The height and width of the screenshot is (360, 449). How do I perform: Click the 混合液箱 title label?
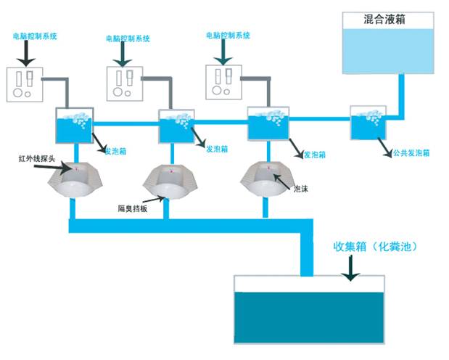(384, 20)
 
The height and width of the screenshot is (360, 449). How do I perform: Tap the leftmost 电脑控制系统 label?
(36, 34)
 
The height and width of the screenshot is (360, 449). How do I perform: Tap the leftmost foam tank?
(75, 124)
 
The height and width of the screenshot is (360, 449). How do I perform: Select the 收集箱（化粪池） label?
(375, 247)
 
